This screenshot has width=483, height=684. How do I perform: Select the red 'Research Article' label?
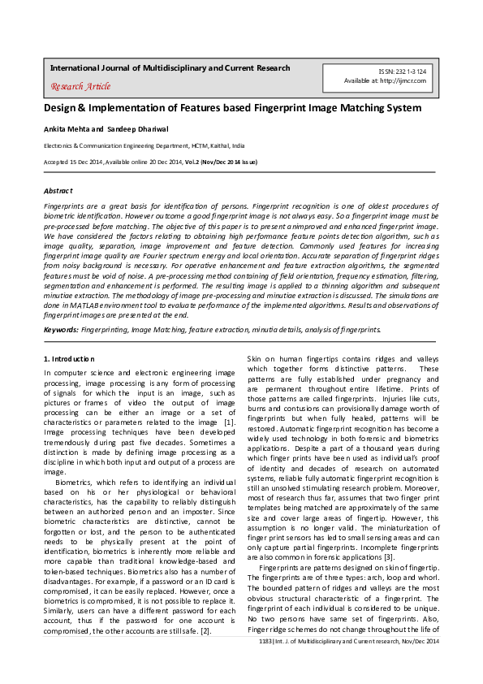80,86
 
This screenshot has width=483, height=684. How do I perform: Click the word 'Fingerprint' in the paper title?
260,108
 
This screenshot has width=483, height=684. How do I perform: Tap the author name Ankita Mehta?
67,129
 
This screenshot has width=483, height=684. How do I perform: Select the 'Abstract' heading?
58,190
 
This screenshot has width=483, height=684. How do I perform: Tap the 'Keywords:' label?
61,331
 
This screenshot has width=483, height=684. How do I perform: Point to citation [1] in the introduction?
230,422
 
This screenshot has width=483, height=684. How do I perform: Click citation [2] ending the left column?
207,630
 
